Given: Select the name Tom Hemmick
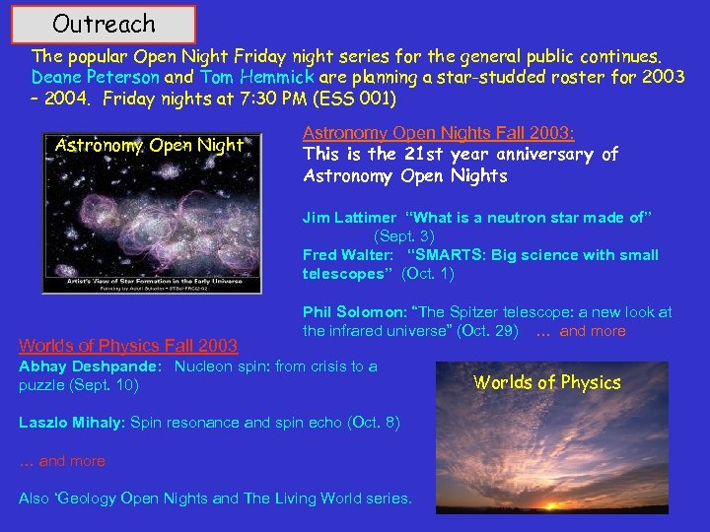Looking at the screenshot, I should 257,76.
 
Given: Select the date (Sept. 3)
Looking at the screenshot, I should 403,236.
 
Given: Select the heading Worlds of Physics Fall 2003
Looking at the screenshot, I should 128,345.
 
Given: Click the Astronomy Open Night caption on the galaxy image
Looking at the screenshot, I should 149,146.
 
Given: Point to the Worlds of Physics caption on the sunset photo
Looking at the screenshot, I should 547,382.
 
